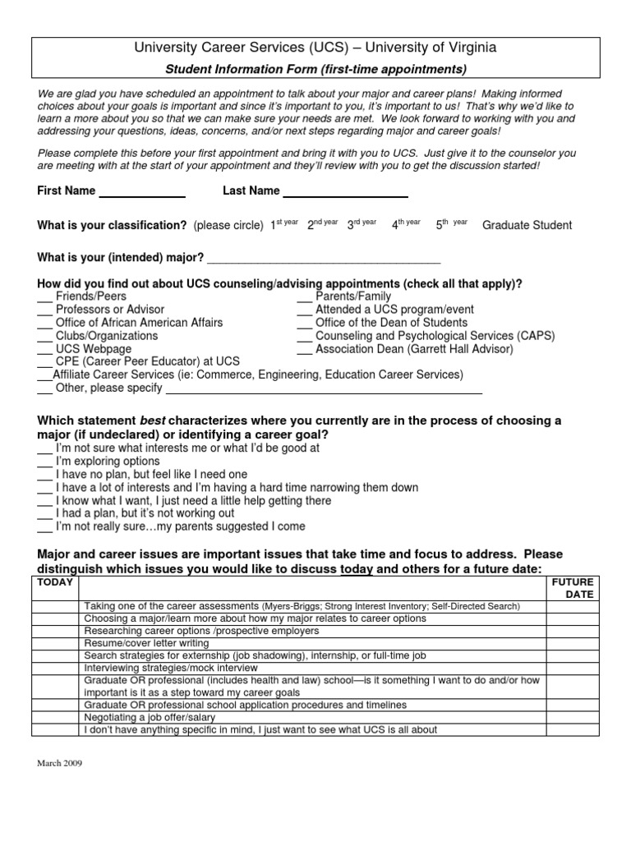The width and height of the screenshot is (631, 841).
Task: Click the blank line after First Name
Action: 142,195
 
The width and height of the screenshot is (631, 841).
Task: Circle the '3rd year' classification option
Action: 362,224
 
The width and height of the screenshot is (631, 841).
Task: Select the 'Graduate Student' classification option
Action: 527,225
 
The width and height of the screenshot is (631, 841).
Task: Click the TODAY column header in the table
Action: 55,582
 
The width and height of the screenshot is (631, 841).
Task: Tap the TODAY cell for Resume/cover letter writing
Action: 57,643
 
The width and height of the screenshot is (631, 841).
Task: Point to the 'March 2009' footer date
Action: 60,763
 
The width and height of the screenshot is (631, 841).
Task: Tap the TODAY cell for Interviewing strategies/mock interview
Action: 57,668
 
